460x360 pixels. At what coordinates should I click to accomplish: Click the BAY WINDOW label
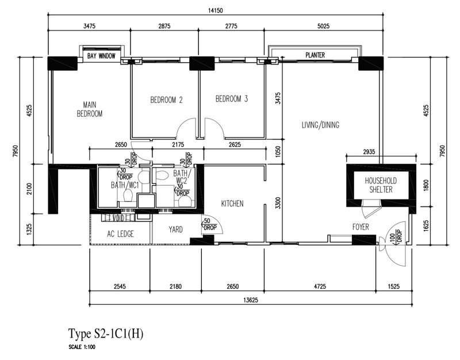click(x=101, y=56)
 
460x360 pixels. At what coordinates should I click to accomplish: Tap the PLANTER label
click(x=315, y=55)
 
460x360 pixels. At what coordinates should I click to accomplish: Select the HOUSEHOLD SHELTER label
click(x=381, y=185)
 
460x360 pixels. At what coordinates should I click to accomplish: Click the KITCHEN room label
click(x=232, y=204)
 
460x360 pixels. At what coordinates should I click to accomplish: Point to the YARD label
click(x=175, y=229)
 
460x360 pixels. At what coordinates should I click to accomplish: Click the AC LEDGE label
click(x=120, y=234)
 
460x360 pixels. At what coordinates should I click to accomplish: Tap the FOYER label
click(x=361, y=227)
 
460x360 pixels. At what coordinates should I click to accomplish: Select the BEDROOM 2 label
click(x=166, y=100)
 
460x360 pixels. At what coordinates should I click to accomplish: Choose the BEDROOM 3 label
click(x=232, y=98)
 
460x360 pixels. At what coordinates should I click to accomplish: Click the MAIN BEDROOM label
click(x=90, y=109)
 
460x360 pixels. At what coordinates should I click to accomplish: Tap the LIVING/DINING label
click(x=321, y=125)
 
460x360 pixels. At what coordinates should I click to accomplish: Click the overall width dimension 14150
click(x=216, y=10)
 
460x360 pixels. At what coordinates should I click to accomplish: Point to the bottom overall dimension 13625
click(x=251, y=300)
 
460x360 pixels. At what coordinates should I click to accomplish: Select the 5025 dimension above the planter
click(x=323, y=26)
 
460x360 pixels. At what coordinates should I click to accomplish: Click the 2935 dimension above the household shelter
click(x=369, y=152)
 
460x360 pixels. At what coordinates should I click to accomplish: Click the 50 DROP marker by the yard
click(x=210, y=224)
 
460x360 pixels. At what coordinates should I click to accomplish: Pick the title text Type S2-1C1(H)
click(x=106, y=334)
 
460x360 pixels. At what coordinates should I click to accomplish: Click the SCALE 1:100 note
click(x=82, y=347)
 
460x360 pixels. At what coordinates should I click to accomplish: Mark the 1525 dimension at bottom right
click(x=394, y=286)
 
